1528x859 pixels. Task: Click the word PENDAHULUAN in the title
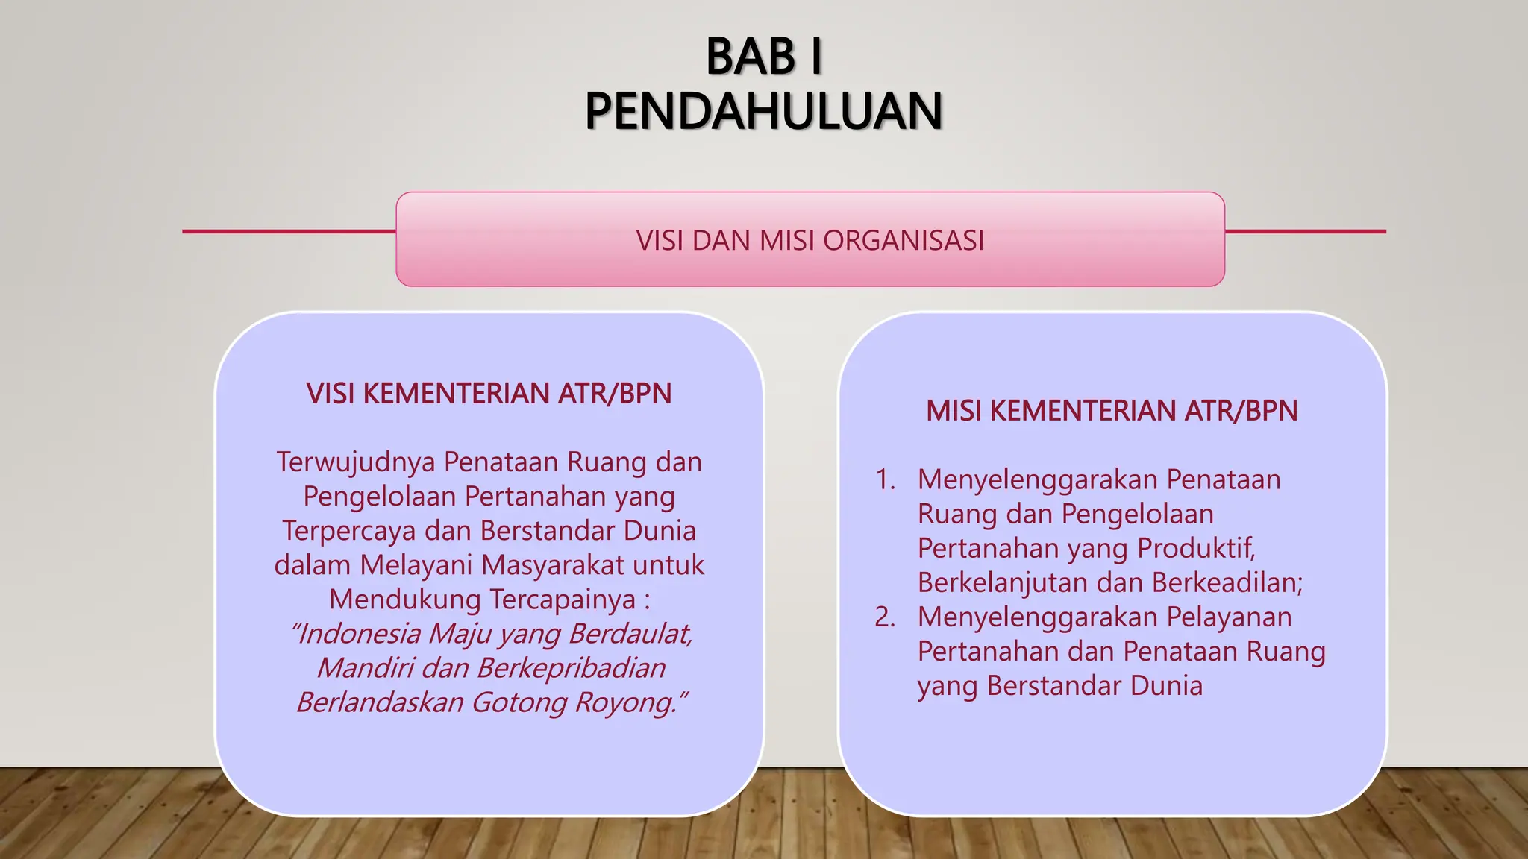point(763,111)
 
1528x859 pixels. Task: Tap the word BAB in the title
point(751,57)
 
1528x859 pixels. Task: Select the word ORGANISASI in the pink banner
point(904,240)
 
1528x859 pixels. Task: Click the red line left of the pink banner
point(289,231)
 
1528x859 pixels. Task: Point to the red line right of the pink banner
point(1305,231)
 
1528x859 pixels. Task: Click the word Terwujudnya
point(356,462)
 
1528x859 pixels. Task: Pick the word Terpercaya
point(349,530)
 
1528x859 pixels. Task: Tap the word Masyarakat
point(492,564)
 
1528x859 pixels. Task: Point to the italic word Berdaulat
point(631,633)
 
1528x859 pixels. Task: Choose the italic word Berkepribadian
point(571,667)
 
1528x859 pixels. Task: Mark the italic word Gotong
point(519,702)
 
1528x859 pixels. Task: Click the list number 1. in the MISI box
point(886,479)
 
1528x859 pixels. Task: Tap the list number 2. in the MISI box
point(885,617)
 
